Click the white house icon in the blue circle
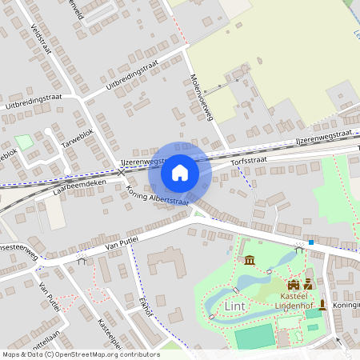[180, 172]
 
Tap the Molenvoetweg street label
[202, 97]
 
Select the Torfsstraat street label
[247, 161]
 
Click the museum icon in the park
[250, 261]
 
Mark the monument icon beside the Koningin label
[322, 305]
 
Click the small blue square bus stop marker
[310, 242]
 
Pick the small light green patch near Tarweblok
[24, 142]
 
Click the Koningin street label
[345, 305]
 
